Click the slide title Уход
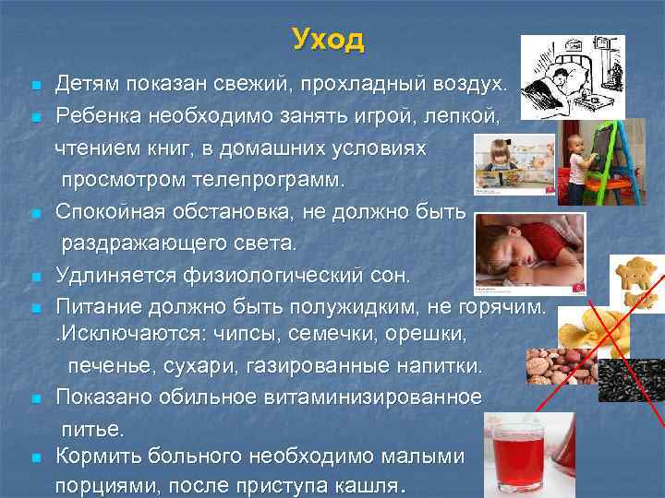[328, 40]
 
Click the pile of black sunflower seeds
[631, 379]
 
